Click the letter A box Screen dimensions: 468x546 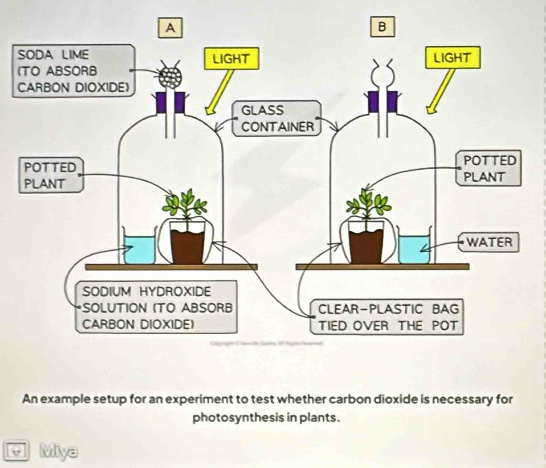click(x=171, y=27)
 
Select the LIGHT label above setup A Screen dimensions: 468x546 click(x=231, y=59)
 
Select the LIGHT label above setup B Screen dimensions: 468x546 click(x=452, y=57)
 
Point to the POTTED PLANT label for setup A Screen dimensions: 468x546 click(x=50, y=174)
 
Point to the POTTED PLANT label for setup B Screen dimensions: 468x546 click(x=489, y=169)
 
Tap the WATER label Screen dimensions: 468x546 click(x=489, y=242)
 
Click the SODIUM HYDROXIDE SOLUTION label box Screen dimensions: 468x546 click(x=157, y=308)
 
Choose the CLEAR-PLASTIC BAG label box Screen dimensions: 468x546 click(x=389, y=318)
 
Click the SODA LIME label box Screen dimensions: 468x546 click(x=73, y=71)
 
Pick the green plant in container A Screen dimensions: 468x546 click(x=187, y=206)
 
